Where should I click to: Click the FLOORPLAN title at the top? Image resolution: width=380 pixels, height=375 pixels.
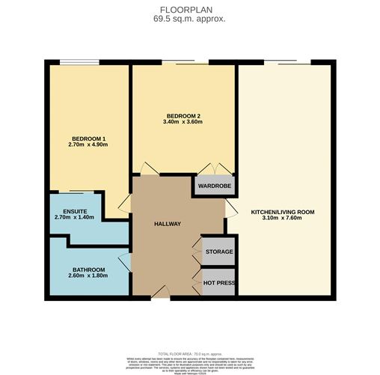[x=189, y=10]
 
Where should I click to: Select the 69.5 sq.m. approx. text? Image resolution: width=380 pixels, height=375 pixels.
[x=189, y=19]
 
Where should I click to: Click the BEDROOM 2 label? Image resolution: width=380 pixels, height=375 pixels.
[x=183, y=116]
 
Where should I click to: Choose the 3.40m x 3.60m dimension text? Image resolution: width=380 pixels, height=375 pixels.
[x=183, y=123]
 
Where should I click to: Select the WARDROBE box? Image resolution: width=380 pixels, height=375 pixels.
[x=214, y=186]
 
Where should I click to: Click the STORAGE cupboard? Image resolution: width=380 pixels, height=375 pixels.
[x=219, y=251]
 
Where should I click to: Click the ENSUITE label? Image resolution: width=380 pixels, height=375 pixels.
[x=75, y=210]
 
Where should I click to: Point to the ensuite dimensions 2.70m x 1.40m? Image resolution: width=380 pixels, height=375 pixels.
[x=75, y=217]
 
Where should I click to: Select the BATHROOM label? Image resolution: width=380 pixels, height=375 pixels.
[x=88, y=269]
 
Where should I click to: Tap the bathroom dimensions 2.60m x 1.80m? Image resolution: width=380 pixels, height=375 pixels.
[x=88, y=276]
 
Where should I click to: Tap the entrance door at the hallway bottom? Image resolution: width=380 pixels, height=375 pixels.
[x=167, y=295]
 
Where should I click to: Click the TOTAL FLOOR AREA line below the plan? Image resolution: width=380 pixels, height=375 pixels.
[x=189, y=353]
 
